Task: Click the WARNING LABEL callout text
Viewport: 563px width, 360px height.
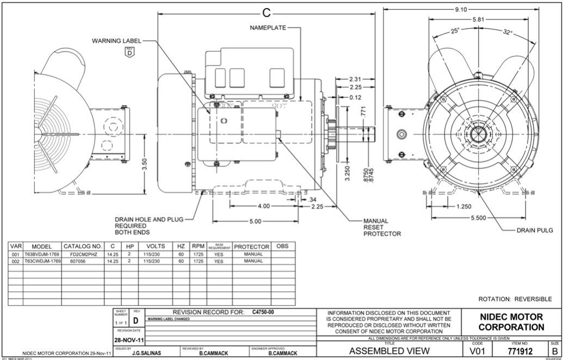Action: point(116,41)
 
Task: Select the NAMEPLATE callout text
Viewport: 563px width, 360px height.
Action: point(268,27)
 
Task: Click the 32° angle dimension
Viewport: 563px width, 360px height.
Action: point(508,32)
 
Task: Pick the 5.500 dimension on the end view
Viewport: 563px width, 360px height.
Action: point(482,218)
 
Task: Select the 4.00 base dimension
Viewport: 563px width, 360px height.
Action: point(263,206)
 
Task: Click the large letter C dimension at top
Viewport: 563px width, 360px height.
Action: point(266,12)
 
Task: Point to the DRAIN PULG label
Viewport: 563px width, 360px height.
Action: point(535,231)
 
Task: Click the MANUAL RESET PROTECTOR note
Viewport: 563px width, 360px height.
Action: point(382,227)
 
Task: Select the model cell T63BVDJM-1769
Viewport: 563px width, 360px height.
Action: point(41,254)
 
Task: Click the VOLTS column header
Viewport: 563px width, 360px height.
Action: point(156,246)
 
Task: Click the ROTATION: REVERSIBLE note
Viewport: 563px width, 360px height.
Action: point(515,299)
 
